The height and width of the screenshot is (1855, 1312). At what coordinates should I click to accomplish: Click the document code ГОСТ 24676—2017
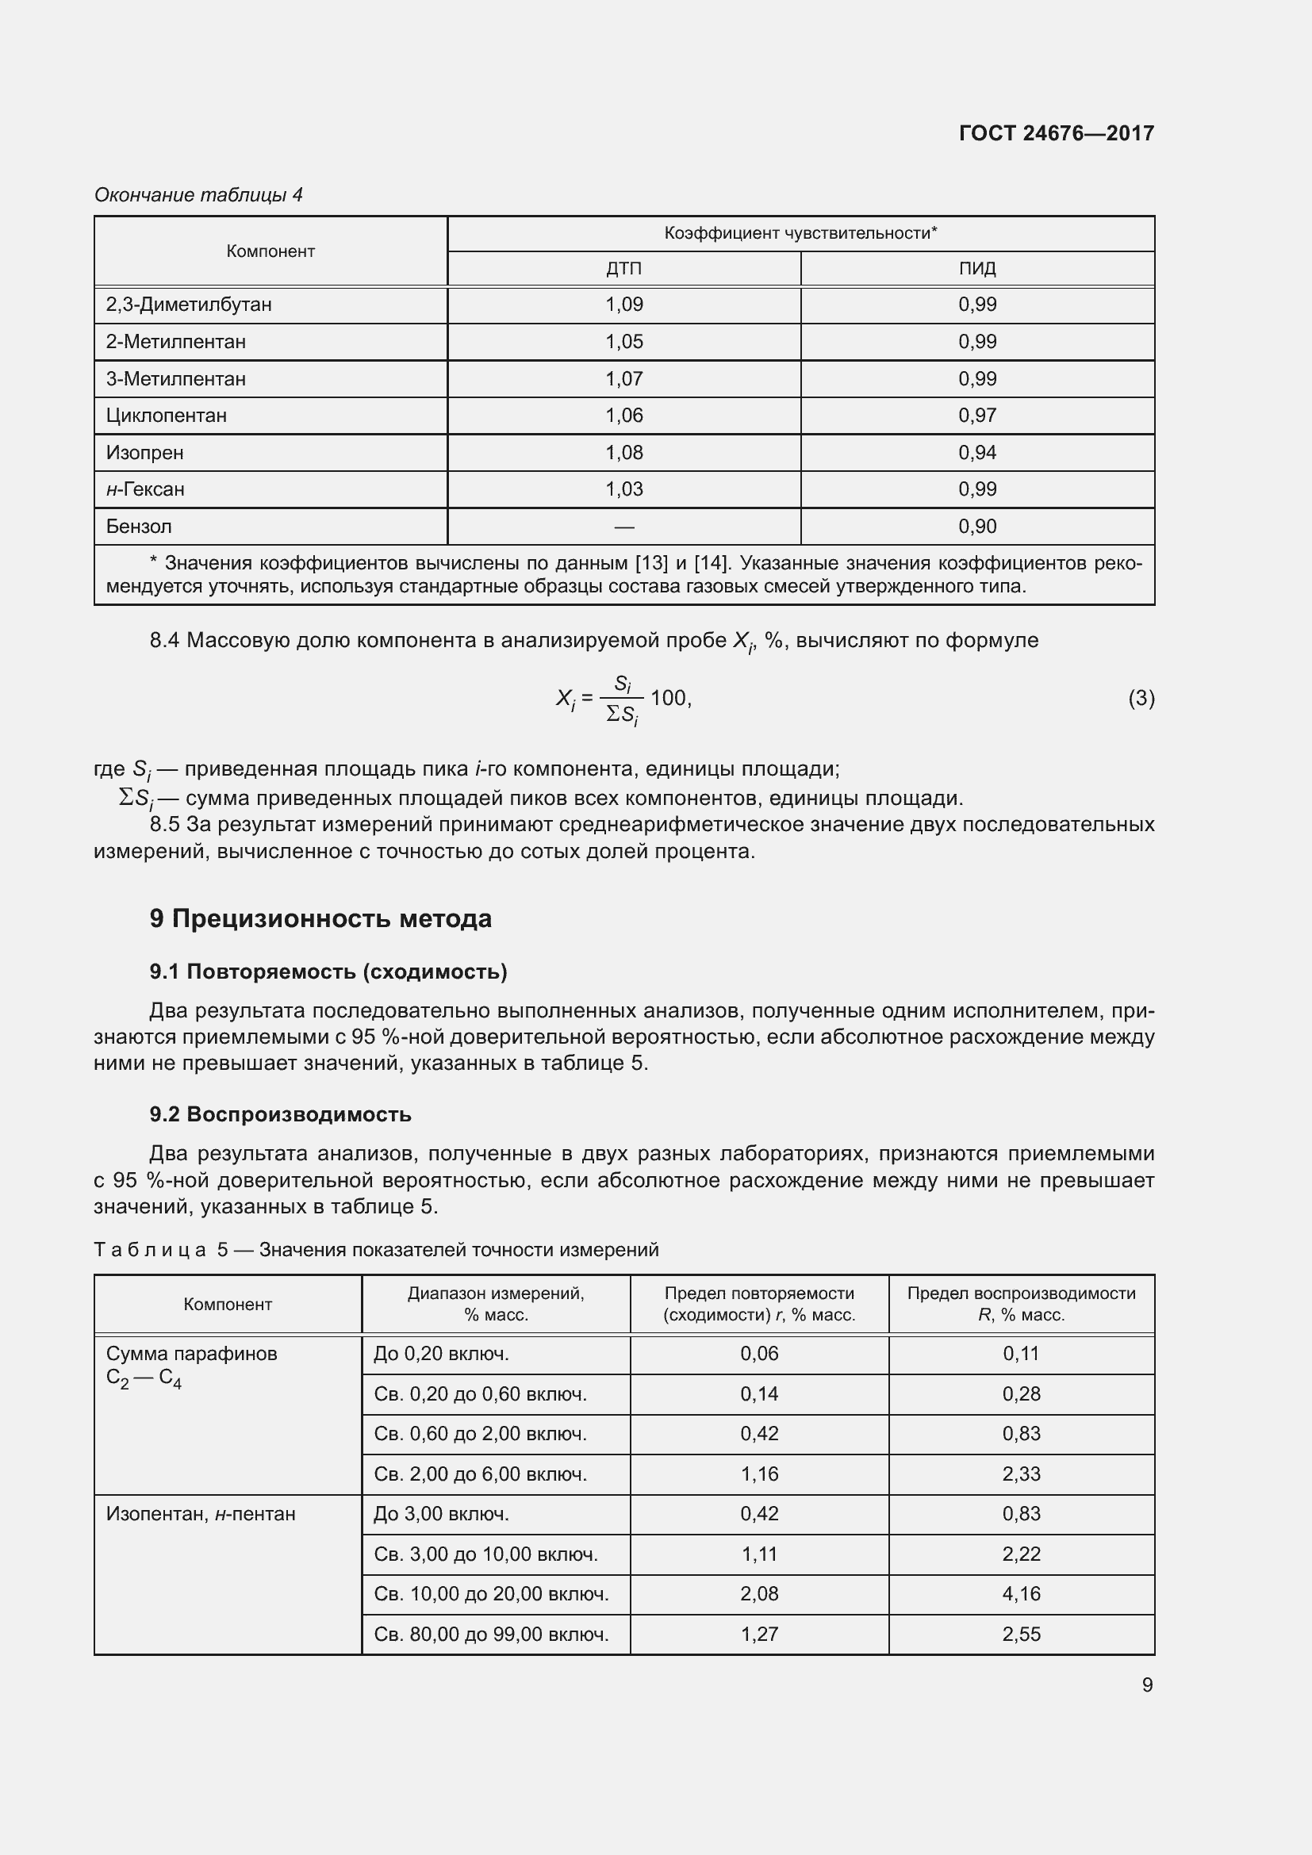1056,133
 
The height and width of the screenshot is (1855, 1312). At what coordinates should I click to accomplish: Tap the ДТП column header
623,268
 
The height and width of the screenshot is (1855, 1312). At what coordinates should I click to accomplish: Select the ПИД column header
976,268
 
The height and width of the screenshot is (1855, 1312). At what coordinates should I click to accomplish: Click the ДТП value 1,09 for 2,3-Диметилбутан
623,305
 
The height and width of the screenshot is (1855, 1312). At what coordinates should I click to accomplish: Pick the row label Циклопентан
167,416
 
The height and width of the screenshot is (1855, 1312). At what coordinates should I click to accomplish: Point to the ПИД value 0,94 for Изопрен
976,452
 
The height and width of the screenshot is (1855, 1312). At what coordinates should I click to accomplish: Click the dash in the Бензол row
623,527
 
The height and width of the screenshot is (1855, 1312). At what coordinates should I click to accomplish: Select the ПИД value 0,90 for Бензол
976,527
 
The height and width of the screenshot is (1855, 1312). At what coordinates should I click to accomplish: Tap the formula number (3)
1141,698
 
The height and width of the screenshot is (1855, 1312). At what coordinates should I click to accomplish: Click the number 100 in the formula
669,698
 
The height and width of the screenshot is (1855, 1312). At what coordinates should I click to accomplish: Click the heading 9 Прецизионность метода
320,918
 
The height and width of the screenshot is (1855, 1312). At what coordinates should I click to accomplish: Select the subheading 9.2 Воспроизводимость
280,1114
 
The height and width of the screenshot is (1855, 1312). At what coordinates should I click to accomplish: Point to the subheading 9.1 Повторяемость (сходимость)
328,972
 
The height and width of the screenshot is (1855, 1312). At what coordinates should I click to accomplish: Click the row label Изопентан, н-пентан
201,1514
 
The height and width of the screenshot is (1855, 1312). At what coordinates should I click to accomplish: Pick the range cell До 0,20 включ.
441,1353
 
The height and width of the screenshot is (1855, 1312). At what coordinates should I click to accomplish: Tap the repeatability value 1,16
758,1474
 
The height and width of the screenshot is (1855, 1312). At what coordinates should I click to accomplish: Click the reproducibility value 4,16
1020,1594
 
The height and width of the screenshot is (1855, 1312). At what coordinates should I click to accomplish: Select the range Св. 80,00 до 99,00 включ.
490,1635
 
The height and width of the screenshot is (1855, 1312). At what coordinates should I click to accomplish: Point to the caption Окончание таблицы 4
199,195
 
